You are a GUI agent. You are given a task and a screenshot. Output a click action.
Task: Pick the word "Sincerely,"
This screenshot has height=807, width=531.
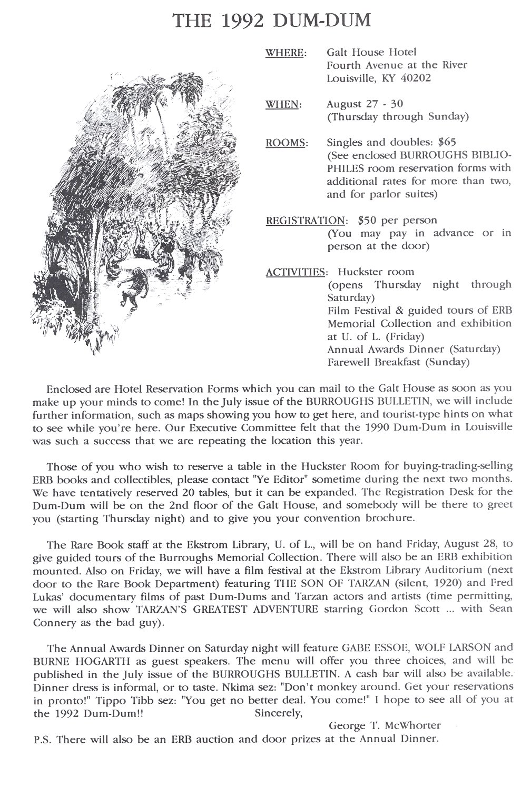click(278, 713)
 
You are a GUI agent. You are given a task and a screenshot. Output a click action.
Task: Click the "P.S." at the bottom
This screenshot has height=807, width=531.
click(42, 739)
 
